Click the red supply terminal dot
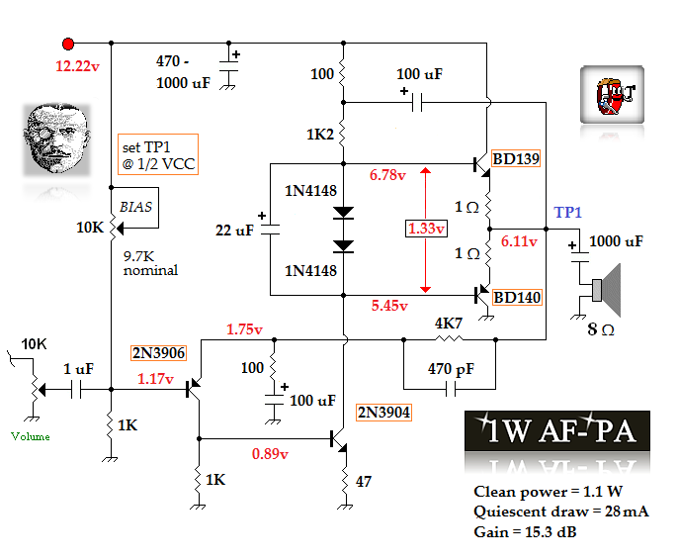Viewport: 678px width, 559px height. point(68,44)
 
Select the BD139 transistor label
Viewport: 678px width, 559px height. point(517,158)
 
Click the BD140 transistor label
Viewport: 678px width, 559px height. point(518,297)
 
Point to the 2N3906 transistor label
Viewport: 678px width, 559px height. point(157,352)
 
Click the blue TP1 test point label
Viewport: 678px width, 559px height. point(568,213)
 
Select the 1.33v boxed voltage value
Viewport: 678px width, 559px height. point(426,229)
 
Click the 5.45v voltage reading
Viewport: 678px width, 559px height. point(388,306)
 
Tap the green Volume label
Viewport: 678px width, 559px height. point(30,436)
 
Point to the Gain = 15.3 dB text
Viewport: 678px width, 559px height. point(525,532)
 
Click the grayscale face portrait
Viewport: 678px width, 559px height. point(55,140)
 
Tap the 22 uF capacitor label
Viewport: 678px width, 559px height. point(236,231)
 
